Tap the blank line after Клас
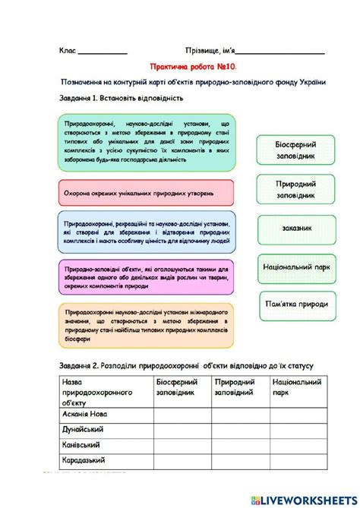(x=103, y=52)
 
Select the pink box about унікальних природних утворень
(x=145, y=193)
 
